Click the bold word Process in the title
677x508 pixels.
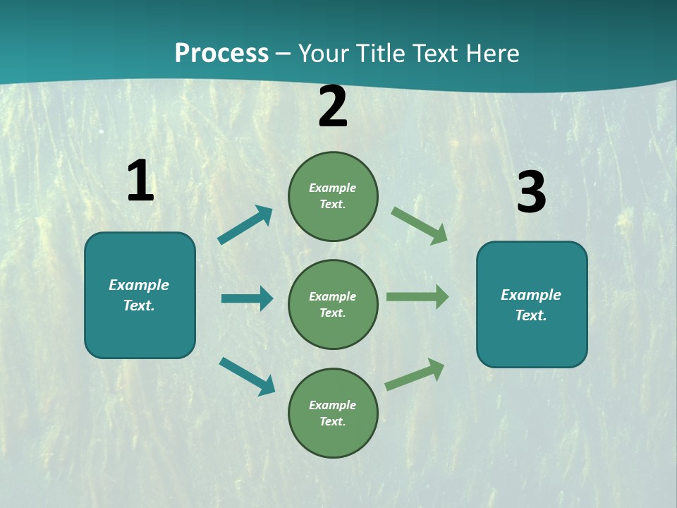pos(221,53)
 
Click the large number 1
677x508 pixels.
pos(140,181)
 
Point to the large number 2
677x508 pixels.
pos(333,107)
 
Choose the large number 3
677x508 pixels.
pos(531,192)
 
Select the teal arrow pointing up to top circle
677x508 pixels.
pos(245,225)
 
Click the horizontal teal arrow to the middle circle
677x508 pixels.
pos(247,298)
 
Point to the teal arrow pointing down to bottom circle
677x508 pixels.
pos(247,376)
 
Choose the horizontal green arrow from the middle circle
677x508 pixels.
pos(417,297)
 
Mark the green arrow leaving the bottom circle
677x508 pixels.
pos(415,374)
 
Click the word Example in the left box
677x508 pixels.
pos(139,285)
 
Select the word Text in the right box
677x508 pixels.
pos(530,315)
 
